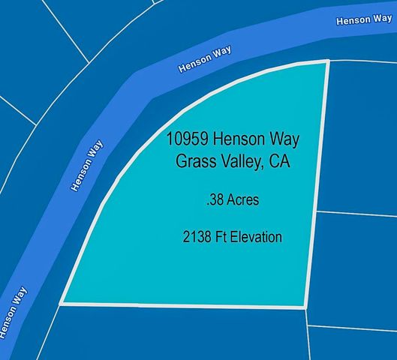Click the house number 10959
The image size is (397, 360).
188,139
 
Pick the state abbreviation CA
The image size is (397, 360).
279,162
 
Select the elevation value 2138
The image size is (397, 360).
197,238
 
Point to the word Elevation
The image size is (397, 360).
257,238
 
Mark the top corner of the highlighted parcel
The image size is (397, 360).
328,61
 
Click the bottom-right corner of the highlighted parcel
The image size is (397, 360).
304,307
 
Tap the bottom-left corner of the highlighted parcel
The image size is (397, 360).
62,304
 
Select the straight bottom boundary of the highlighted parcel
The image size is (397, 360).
180,305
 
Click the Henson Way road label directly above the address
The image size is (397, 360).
205,59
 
